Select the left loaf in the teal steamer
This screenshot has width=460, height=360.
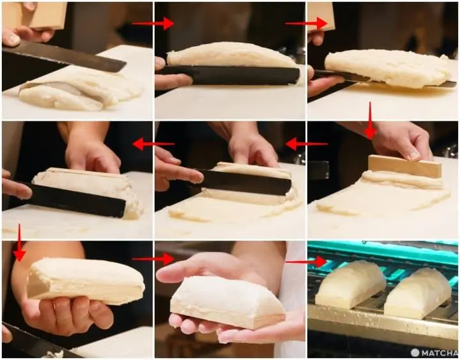350,284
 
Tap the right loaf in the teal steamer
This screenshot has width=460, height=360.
417,293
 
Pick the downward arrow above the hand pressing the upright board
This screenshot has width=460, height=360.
370,120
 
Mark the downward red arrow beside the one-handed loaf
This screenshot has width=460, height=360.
19,242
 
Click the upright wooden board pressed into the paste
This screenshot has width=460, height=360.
404,166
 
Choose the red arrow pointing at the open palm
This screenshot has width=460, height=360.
153,259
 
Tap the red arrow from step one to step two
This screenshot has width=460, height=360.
153,23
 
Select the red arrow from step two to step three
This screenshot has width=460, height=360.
306,23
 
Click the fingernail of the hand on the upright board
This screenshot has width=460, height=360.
413,155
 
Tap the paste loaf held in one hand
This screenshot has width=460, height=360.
86,281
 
